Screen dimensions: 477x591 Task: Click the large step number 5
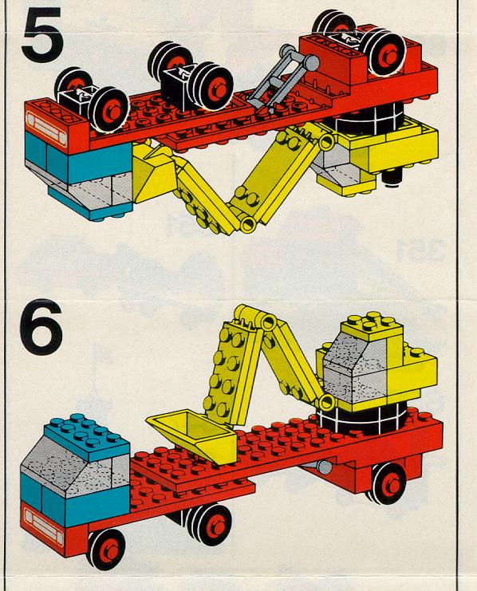pyautogui.click(x=42, y=33)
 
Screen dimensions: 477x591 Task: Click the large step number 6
pyautogui.click(x=41, y=327)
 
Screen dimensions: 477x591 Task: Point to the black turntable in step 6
pyautogui.click(x=363, y=418)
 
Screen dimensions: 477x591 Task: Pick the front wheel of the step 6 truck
pyautogui.click(x=106, y=549)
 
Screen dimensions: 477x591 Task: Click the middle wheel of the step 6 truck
pyautogui.click(x=209, y=525)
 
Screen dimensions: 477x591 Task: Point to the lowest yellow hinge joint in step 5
pyautogui.click(x=248, y=224)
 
